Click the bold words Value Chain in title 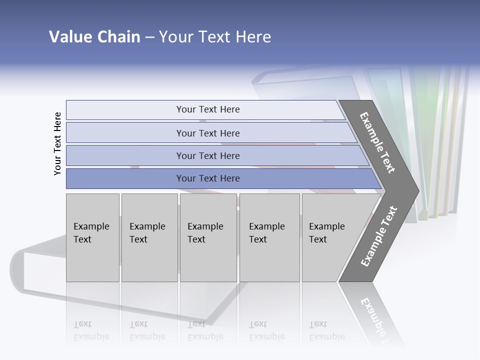click(94, 37)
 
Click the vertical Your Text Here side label click(57, 143)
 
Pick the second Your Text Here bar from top click(208, 133)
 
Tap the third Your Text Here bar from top click(208, 155)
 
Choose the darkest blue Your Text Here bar click(208, 178)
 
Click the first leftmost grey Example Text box click(92, 237)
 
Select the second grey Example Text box click(149, 237)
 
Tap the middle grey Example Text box click(209, 237)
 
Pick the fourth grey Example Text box click(269, 237)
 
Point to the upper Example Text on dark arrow click(378, 142)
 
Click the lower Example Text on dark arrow click(378, 236)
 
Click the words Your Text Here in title click(215, 37)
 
